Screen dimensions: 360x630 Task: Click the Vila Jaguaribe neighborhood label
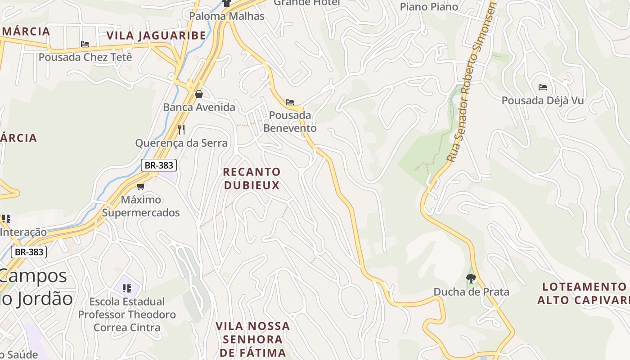tap(156, 36)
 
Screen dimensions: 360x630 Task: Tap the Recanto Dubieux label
tap(252, 178)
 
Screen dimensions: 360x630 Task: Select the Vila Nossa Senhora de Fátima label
tap(252, 339)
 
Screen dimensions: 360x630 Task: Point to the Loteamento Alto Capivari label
tap(584, 293)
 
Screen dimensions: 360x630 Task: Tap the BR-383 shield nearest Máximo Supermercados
tap(159, 165)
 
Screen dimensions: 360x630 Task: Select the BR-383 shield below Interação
tap(29, 252)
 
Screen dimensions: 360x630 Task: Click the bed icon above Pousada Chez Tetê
tap(85, 44)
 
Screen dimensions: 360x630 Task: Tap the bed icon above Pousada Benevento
tap(290, 102)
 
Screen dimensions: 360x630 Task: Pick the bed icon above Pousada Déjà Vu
tap(543, 87)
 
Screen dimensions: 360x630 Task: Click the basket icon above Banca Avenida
tap(199, 94)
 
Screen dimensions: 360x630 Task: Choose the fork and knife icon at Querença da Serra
tap(181, 130)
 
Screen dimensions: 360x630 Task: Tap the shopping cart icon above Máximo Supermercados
tap(141, 186)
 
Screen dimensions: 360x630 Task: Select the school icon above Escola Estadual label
tap(126, 288)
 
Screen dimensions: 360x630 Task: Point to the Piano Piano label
tap(429, 7)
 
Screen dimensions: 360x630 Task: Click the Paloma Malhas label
tap(227, 16)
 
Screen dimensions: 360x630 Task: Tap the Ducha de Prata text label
tap(471, 292)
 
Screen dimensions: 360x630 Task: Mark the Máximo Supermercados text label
tap(141, 206)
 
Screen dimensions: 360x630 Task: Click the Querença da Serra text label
tap(181, 143)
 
